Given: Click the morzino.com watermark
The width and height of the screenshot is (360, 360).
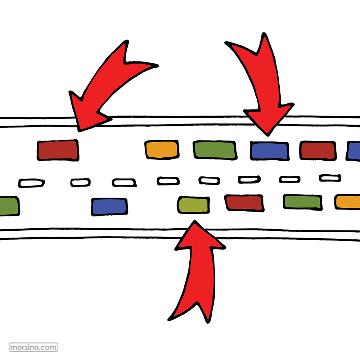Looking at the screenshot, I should pos(34,347).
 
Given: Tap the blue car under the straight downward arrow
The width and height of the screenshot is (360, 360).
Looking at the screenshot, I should pos(270,151).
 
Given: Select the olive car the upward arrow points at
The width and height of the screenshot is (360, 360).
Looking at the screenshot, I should pos(193,205).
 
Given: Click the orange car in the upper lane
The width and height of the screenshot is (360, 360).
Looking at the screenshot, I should pos(162,149).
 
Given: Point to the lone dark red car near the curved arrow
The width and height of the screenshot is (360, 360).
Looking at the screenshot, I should pos(58,150).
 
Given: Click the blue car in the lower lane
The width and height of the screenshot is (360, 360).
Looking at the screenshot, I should pos(109,207).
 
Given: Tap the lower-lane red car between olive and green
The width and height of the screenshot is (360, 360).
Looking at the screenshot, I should pos(244,203).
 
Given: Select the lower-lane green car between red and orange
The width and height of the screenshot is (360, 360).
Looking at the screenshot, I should pos(302,202).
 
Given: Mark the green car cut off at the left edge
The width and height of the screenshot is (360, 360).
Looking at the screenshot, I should pos(9,206).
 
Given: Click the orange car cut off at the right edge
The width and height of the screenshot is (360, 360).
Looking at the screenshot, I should pos(348,202).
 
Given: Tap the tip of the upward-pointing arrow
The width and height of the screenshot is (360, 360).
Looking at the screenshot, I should pos(195,222).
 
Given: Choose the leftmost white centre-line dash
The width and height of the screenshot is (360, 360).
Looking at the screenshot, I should pos(32,183).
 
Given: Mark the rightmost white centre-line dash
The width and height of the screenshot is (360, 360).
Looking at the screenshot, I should pos(330,177).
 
